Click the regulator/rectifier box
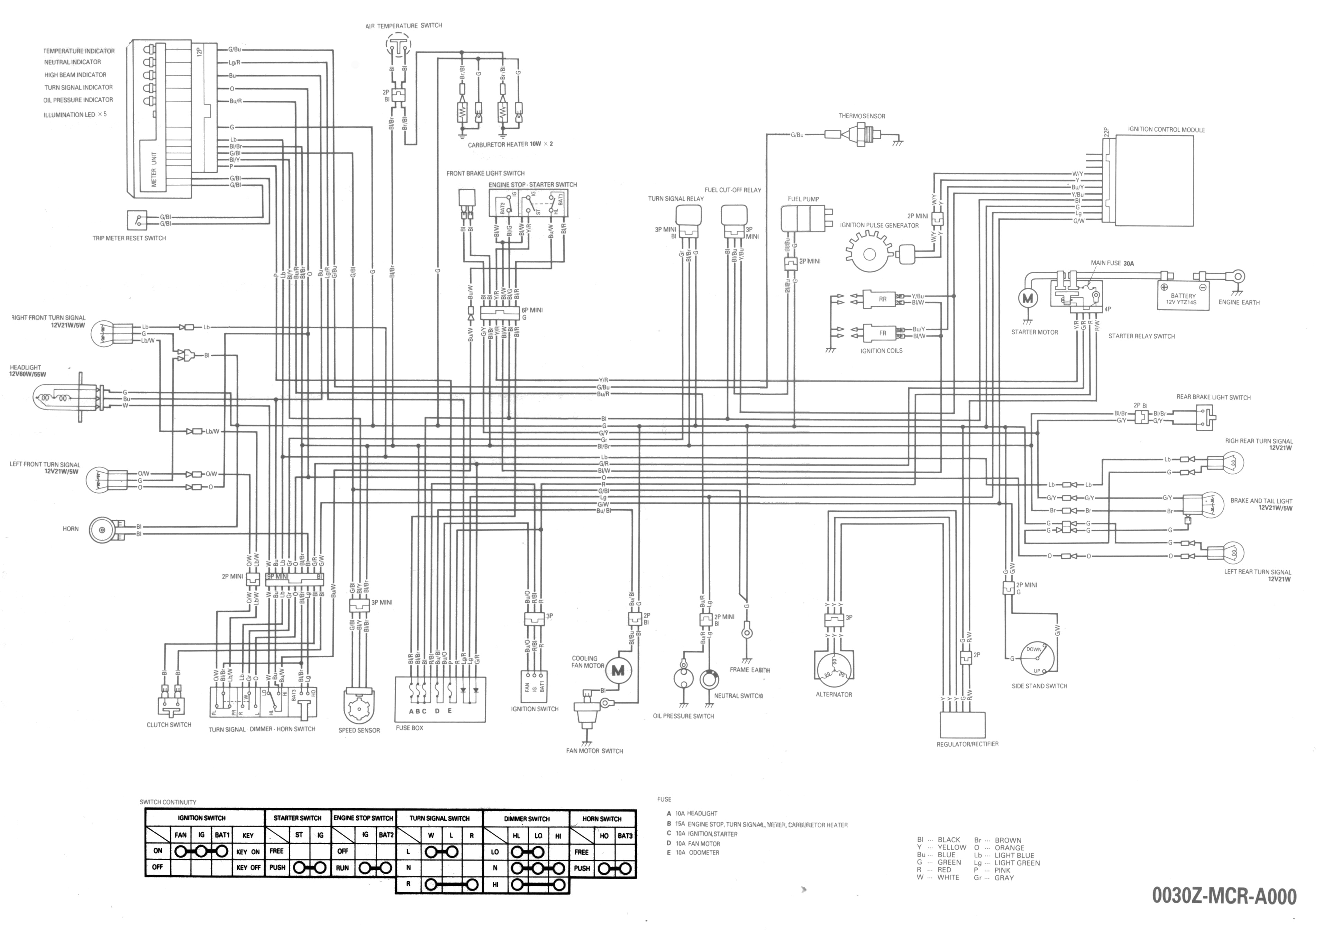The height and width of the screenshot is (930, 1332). (x=962, y=724)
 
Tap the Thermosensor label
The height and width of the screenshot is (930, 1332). (x=861, y=116)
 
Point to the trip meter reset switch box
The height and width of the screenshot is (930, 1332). (x=137, y=220)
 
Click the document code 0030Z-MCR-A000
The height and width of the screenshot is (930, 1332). (x=1224, y=896)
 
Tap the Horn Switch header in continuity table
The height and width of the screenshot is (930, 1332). (x=602, y=819)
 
